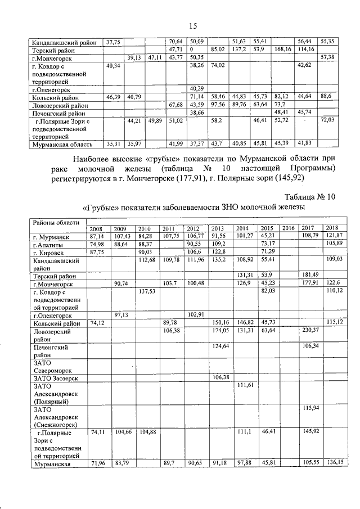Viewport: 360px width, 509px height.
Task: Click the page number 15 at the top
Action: point(192,26)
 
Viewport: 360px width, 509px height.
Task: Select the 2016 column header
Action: point(288,228)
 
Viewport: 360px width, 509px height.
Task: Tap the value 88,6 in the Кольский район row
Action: point(329,97)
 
